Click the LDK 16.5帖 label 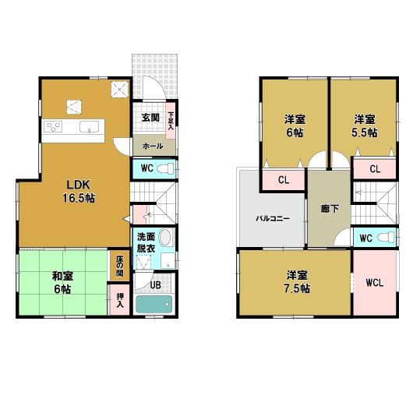(x=79, y=191)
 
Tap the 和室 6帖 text (x=63, y=281)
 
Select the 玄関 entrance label (x=150, y=118)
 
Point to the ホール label (x=152, y=146)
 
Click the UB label (x=155, y=285)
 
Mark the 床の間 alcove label (x=120, y=267)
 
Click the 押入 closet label (x=120, y=300)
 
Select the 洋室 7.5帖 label (x=297, y=281)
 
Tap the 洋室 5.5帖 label (x=365, y=125)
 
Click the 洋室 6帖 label (x=294, y=125)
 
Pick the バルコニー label (x=273, y=218)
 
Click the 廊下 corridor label (x=328, y=209)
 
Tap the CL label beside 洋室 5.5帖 (x=374, y=169)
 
